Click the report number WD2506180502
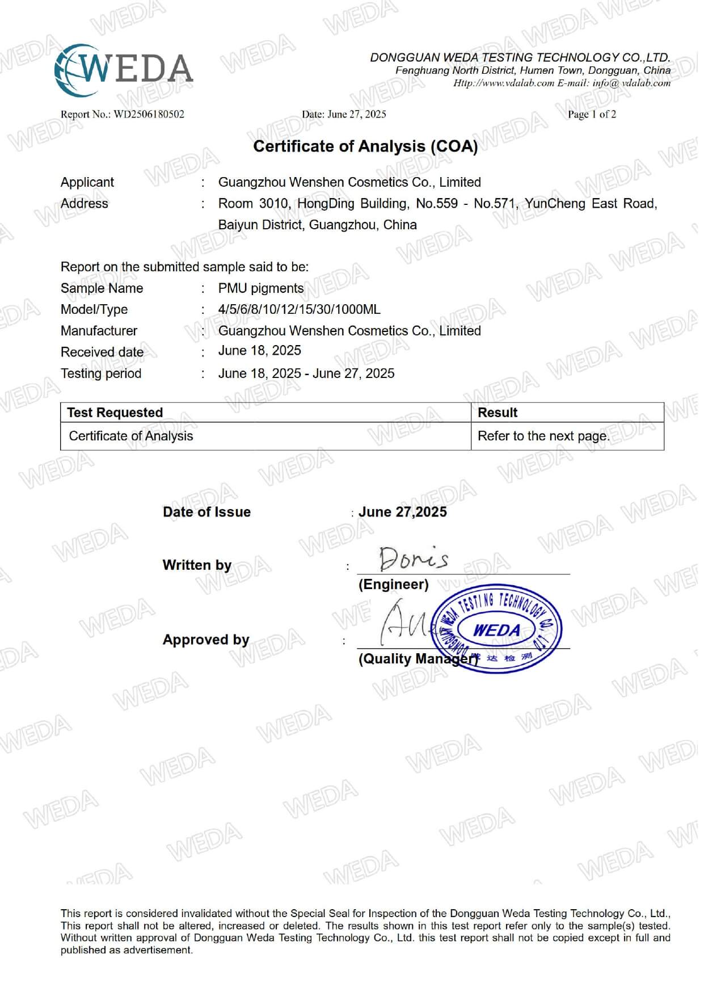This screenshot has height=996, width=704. (x=149, y=114)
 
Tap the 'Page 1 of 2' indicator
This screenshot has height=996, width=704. (x=592, y=114)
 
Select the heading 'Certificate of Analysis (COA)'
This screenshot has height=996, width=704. (x=365, y=146)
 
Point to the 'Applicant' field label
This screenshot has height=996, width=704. (x=87, y=182)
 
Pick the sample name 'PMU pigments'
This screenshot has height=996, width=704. (x=261, y=288)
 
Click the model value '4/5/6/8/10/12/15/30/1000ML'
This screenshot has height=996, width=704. (x=299, y=310)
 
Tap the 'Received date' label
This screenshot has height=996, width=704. (x=102, y=352)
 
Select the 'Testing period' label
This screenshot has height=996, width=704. (x=101, y=373)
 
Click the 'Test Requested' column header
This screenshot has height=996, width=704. (x=115, y=413)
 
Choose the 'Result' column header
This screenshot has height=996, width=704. (x=498, y=413)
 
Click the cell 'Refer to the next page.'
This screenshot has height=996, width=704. (x=543, y=436)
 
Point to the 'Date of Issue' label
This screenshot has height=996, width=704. (x=206, y=512)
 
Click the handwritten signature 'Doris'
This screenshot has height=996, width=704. (x=414, y=558)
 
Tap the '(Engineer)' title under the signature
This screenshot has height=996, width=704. (x=393, y=585)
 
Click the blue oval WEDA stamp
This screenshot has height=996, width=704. (x=497, y=629)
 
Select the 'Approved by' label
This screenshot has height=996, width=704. (x=206, y=640)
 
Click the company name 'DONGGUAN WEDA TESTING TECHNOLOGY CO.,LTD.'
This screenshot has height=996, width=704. (x=520, y=57)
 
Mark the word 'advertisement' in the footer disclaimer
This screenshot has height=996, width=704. (x=158, y=950)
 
